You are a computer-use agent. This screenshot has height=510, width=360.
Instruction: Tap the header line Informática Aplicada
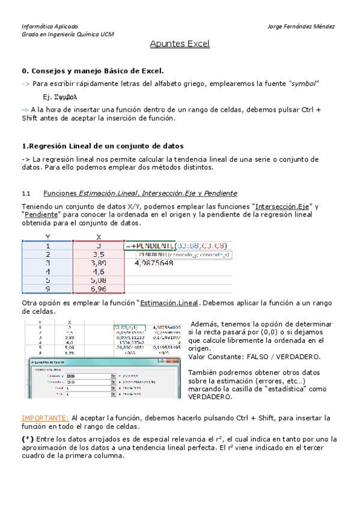coord(50,26)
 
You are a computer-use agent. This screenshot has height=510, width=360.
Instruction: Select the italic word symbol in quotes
coord(304,83)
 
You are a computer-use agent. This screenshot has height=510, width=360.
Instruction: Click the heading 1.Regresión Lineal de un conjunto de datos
coord(103,146)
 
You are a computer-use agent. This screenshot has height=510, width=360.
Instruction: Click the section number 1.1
coord(26,194)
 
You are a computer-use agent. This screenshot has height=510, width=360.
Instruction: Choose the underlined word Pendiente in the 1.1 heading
coord(221,194)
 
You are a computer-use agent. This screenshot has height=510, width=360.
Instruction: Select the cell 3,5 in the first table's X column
coord(99,254)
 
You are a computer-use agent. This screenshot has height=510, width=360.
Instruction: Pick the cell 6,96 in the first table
coord(99,288)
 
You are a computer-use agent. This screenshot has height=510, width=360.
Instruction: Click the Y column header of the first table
coord(47,237)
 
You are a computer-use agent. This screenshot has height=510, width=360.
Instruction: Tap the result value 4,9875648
coord(154,263)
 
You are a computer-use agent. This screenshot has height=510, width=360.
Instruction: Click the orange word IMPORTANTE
coord(44,417)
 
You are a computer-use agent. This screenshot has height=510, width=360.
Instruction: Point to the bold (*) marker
coord(28,439)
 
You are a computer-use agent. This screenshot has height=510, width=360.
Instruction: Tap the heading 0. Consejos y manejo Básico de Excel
coord(93,70)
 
